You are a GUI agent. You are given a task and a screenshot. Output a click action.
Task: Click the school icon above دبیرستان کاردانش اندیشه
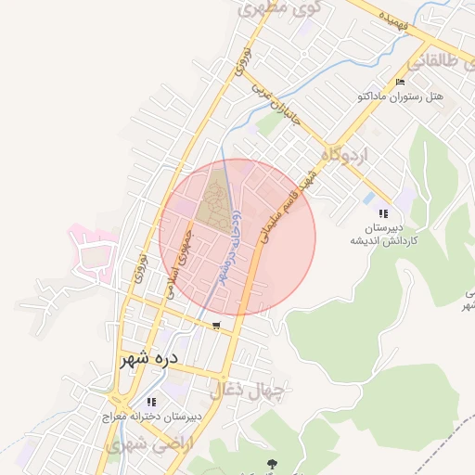[384, 213]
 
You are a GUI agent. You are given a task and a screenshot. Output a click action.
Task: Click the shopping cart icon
[216, 326]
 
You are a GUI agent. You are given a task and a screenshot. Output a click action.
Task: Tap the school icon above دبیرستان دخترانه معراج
[150, 404]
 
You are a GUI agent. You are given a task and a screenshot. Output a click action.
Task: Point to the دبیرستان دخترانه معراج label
[148, 417]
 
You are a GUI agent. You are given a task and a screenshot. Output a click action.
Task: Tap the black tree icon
[272, 463]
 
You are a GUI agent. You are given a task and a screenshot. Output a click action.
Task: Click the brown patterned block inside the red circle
[214, 199]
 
